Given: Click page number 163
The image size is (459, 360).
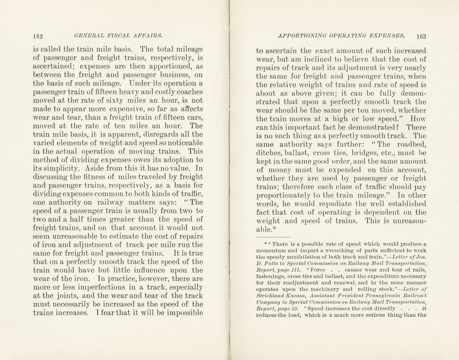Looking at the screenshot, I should tap(421, 36).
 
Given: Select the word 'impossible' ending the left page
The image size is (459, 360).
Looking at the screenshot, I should tap(185, 313).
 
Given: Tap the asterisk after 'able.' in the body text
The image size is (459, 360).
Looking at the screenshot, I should tap(274, 228).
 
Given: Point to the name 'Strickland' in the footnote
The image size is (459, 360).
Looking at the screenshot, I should tap(269, 295).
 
